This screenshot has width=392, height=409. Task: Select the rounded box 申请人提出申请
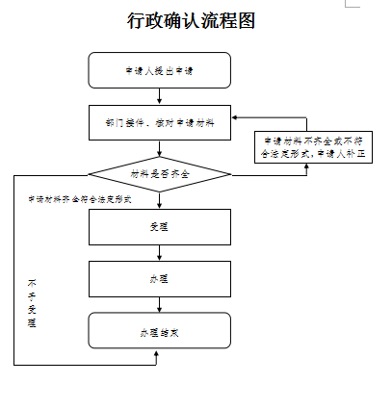159,70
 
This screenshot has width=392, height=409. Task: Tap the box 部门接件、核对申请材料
159,123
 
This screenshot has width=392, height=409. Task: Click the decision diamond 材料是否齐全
159,174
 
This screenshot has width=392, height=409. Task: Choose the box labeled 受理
159,227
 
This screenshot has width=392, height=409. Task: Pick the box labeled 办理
159,279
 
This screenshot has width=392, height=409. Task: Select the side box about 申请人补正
307,146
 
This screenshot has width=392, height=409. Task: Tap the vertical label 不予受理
31,303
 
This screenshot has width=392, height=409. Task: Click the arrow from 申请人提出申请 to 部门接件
159,96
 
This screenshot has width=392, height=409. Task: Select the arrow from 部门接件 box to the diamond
159,148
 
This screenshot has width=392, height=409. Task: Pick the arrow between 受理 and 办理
159,253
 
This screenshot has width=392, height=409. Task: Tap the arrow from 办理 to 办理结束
159,305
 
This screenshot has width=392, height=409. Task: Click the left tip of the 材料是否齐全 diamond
90,174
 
